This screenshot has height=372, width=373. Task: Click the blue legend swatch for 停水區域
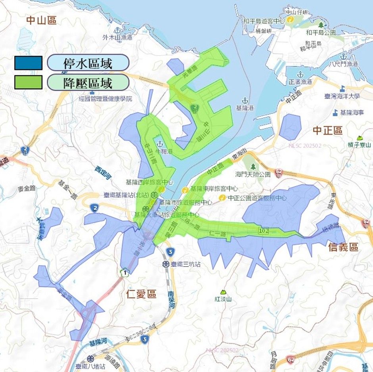(x=28, y=63)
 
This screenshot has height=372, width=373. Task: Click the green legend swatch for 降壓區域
(x=28, y=82)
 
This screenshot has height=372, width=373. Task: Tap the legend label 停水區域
(x=88, y=63)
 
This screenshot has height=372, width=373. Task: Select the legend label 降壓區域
(x=88, y=82)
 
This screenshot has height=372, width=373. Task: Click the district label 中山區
(x=42, y=21)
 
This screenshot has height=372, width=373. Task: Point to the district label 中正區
(x=327, y=130)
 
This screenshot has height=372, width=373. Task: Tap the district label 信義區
(x=343, y=247)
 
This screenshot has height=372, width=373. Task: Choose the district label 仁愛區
(x=141, y=294)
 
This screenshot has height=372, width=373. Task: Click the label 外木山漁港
(x=117, y=38)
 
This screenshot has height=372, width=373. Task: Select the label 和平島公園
(x=321, y=32)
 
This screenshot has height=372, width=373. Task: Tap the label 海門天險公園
(x=253, y=174)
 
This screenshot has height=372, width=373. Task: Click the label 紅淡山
(x=223, y=299)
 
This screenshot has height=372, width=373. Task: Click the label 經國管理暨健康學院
(x=106, y=98)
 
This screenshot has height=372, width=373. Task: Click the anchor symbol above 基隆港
(x=244, y=100)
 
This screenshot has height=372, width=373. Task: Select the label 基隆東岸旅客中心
(x=214, y=189)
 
